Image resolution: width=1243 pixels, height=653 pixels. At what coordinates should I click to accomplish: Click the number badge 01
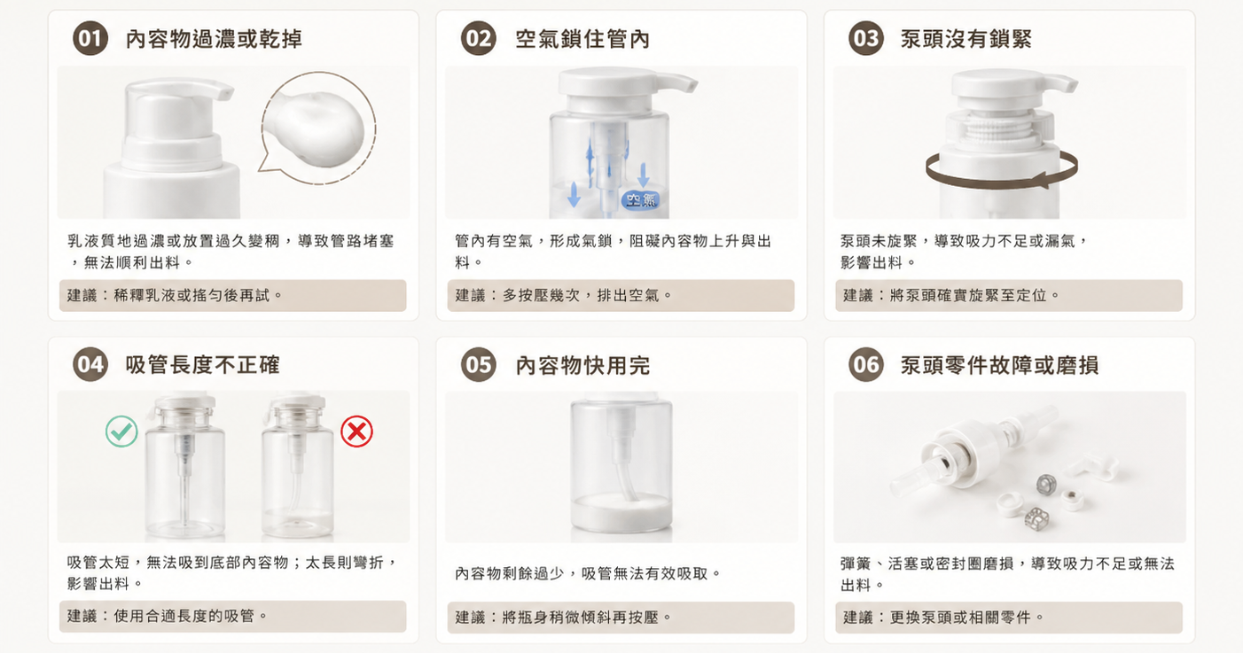90,38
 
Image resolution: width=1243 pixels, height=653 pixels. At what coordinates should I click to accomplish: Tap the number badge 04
90,364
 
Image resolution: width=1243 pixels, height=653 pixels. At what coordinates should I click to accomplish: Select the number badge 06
865,364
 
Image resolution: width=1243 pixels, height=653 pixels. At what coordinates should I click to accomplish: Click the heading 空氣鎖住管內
582,39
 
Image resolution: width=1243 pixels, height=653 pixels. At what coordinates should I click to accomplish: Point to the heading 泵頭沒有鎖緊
966,39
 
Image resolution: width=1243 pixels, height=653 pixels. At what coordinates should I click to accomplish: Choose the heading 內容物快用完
582,365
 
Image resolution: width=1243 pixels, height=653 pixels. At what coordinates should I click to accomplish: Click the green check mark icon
121,431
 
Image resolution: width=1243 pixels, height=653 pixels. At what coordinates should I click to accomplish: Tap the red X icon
356,431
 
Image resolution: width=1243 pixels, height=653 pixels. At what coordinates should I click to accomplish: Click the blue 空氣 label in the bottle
641,199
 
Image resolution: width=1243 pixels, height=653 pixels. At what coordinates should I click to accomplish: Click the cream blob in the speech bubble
314,128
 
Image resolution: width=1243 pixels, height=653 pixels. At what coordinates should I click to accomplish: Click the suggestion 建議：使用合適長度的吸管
167,616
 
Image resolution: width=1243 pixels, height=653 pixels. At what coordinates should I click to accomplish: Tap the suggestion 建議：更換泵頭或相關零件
943,617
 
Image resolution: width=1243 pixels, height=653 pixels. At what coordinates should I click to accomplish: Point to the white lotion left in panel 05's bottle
621,513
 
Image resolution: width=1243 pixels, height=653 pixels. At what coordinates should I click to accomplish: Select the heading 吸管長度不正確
202,365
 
